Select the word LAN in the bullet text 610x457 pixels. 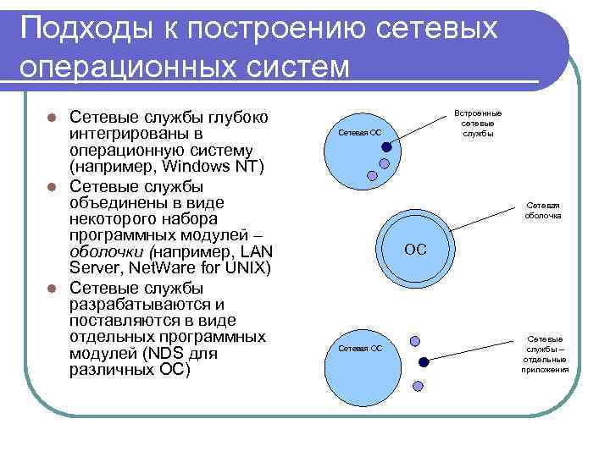[x=255, y=251]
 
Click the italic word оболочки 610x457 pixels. [x=106, y=251]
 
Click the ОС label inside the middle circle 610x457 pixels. [x=415, y=250]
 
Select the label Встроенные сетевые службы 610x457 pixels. [x=478, y=123]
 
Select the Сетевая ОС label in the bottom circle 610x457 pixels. [x=359, y=348]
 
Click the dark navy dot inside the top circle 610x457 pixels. [x=386, y=146]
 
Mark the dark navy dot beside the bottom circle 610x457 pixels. [x=424, y=362]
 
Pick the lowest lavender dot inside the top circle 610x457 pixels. [x=371, y=176]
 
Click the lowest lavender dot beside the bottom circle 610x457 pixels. [x=416, y=386]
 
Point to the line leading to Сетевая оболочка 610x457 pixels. [x=483, y=217]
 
